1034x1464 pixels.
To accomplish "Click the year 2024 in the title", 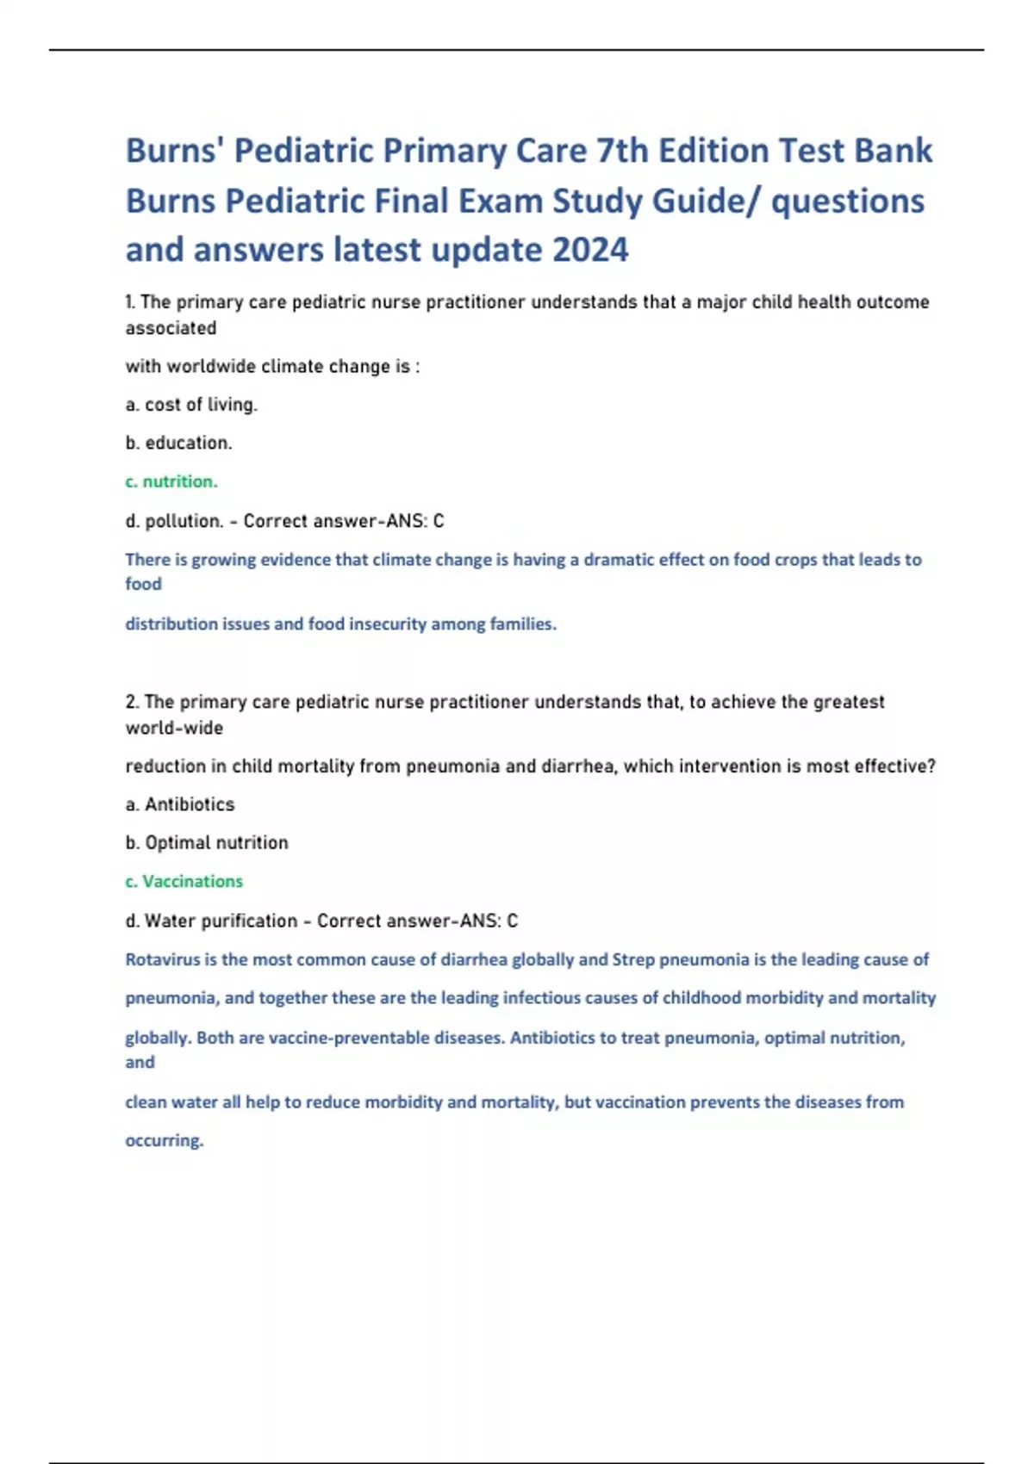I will pyautogui.click(x=590, y=250).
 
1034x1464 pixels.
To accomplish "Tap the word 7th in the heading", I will pyautogui.click(x=622, y=151).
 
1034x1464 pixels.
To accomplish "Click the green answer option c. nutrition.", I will pyautogui.click(x=171, y=481).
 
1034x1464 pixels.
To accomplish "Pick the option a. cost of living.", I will pyautogui.click(x=191, y=405).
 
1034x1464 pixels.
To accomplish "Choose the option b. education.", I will pyautogui.click(x=179, y=443).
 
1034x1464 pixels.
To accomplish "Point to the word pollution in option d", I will pyautogui.click(x=184, y=521).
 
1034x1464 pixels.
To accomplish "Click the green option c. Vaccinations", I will pyautogui.click(x=184, y=881).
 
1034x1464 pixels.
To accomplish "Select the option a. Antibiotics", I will pyautogui.click(x=180, y=804).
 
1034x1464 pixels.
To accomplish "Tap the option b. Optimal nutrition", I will pyautogui.click(x=207, y=842).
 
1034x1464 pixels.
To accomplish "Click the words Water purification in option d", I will pyautogui.click(x=221, y=921).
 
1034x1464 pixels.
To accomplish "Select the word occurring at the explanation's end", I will pyautogui.click(x=165, y=1140).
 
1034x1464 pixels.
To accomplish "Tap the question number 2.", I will pyautogui.click(x=132, y=702).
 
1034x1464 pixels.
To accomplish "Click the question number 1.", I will pyautogui.click(x=130, y=302).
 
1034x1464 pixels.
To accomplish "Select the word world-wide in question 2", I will pyautogui.click(x=174, y=728).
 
